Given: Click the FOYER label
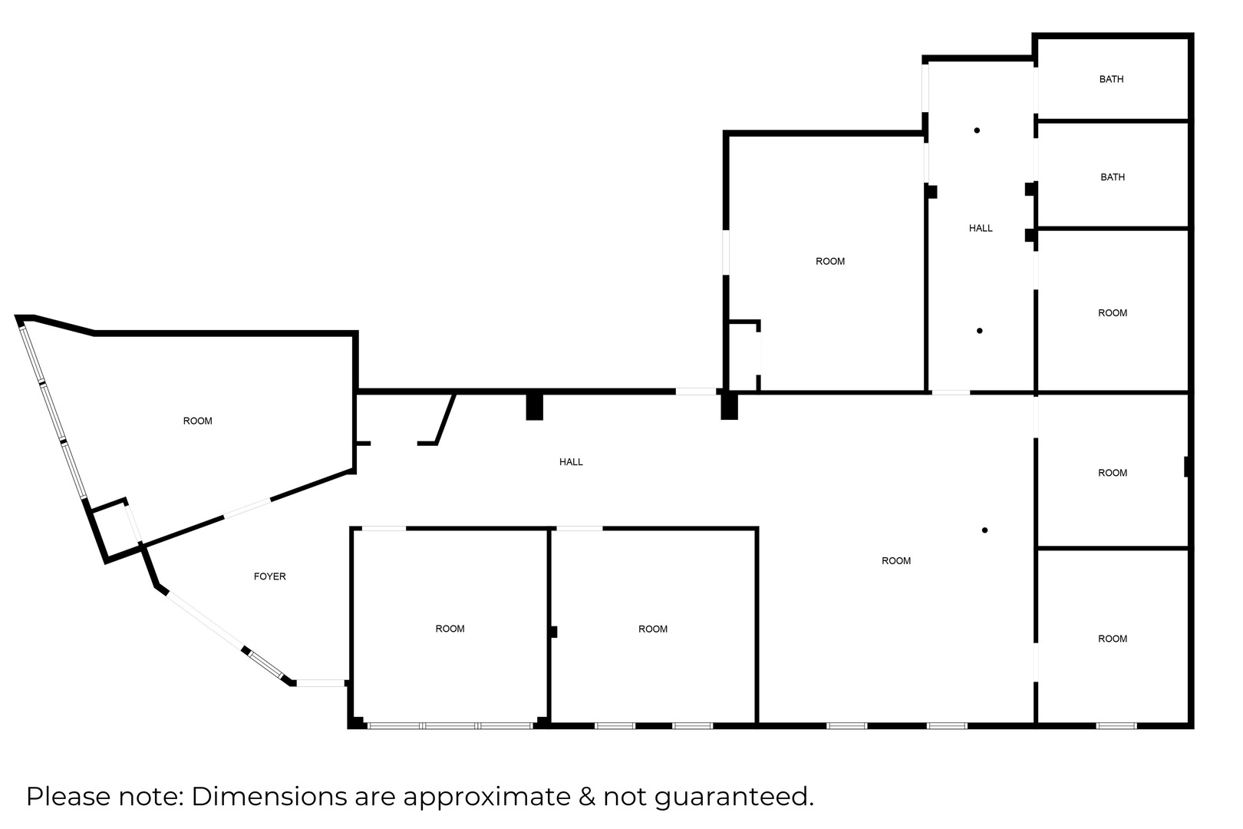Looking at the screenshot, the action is (269, 576).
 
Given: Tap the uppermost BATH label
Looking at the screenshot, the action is (1112, 79).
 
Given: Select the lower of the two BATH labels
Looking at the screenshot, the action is (1113, 177).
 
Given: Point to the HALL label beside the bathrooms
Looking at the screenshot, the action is (981, 228).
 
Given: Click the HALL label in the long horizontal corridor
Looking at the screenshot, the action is (571, 462).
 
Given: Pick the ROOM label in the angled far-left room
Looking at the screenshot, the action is (197, 421).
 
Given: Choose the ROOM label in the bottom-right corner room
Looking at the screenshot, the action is (1113, 639).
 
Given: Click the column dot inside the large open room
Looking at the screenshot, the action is (985, 530).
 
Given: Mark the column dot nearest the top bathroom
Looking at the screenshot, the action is (977, 130).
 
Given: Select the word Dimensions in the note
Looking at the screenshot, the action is (270, 796).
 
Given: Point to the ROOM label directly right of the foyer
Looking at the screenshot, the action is (450, 629).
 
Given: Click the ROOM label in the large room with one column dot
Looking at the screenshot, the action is (896, 561).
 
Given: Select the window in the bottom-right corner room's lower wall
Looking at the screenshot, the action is (1116, 725).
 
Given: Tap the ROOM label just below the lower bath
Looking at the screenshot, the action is (1113, 313).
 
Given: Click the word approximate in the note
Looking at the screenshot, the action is (486, 798).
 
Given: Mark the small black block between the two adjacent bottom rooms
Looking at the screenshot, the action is (553, 632).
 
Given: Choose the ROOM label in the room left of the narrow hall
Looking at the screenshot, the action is (830, 262).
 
